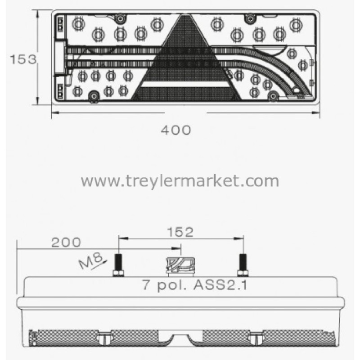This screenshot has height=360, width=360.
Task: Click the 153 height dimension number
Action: click(23, 59)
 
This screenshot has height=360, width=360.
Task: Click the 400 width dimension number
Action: click(176, 130)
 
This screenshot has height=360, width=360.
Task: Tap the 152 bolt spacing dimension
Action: click(180, 232)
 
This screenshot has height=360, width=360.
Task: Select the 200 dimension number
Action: click(66, 243)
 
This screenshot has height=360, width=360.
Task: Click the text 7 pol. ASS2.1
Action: click(195, 285)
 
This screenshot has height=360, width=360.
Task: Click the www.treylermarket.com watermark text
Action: click(180, 181)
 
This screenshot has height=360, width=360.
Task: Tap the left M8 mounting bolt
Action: click(118, 265)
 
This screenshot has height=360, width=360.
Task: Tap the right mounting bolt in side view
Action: click(243, 265)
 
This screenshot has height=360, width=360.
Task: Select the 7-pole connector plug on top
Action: click(180, 266)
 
